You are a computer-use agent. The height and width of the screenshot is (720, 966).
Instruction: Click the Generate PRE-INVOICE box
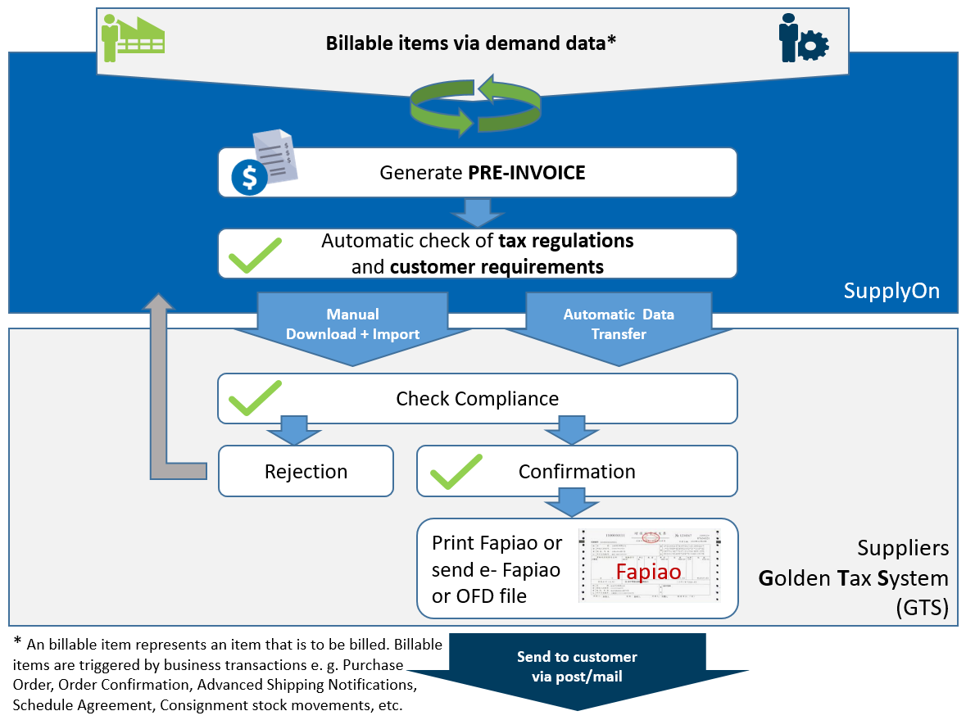point(478,173)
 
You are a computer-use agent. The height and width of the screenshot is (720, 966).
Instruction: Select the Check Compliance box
point(478,399)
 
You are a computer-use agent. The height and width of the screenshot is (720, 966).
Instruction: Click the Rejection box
point(306,471)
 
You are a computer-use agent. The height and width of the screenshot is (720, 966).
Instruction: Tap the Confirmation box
point(577,471)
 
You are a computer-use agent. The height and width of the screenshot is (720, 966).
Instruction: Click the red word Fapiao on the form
point(648,571)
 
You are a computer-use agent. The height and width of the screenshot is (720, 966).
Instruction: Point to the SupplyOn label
point(891,291)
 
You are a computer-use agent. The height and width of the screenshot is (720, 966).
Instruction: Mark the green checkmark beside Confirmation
point(456,471)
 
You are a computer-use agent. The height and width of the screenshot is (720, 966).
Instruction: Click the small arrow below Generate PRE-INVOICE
point(478,212)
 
